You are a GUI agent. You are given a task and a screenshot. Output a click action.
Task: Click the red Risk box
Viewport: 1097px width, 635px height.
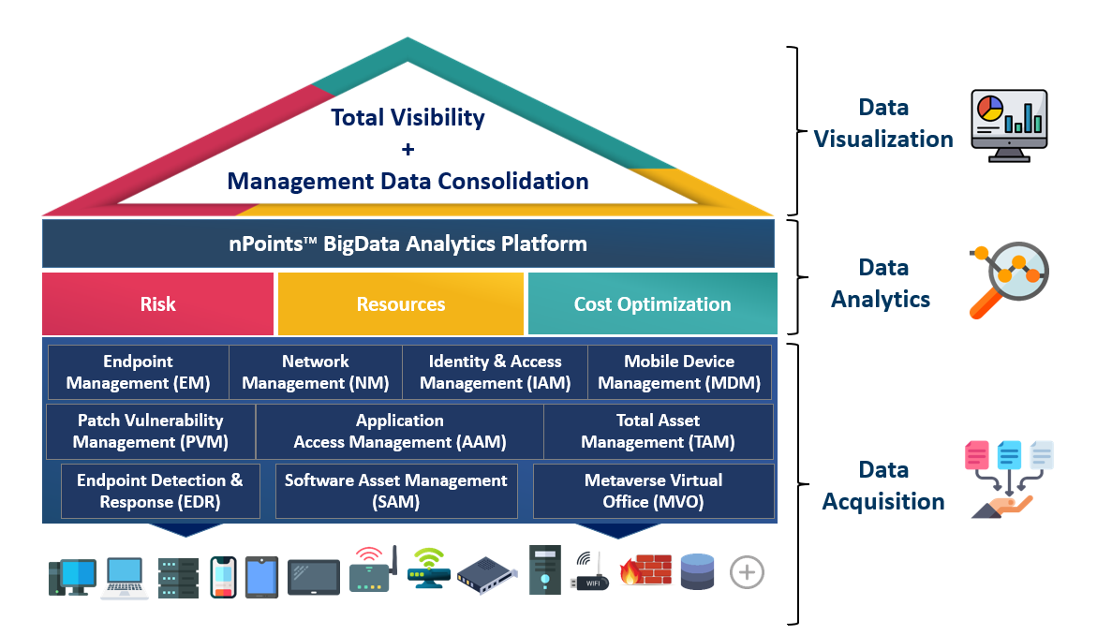pyautogui.click(x=157, y=303)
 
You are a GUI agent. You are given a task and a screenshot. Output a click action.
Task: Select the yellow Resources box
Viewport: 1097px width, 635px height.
pyautogui.click(x=401, y=303)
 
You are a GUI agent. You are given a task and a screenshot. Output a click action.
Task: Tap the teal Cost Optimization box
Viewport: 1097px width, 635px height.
pyautogui.click(x=653, y=303)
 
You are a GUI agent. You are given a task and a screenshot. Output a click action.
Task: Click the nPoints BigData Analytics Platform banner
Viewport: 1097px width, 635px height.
pyautogui.click(x=408, y=244)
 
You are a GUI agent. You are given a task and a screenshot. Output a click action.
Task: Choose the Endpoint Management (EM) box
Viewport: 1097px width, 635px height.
pyautogui.click(x=139, y=372)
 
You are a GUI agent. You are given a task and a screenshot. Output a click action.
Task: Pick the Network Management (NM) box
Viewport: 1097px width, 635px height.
pyautogui.click(x=316, y=372)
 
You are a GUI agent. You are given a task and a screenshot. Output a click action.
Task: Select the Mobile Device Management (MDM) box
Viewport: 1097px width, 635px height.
pyautogui.click(x=679, y=372)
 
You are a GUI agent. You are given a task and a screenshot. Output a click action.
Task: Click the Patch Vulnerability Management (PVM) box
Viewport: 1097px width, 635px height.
pyautogui.click(x=151, y=432)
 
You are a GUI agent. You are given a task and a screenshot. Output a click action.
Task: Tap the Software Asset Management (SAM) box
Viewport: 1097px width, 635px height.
pyautogui.click(x=396, y=491)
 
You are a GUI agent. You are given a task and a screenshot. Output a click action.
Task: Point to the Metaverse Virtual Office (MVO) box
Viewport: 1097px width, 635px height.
pyautogui.click(x=654, y=491)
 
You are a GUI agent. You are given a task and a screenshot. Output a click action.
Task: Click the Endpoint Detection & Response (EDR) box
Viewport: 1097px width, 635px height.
pyautogui.click(x=160, y=491)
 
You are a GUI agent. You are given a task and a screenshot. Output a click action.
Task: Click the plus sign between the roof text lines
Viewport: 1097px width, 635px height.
pyautogui.click(x=408, y=149)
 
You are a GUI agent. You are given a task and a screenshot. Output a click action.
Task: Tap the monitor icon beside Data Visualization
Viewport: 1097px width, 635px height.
pyautogui.click(x=1009, y=126)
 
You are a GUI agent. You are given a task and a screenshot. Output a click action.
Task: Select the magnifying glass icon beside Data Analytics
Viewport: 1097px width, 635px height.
pyautogui.click(x=1009, y=279)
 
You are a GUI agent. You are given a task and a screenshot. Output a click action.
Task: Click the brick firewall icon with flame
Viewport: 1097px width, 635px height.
pyautogui.click(x=645, y=569)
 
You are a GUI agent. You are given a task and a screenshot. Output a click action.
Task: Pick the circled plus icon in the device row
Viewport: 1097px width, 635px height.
pyautogui.click(x=747, y=573)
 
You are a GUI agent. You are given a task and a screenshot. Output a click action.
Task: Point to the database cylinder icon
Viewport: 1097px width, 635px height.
pyautogui.click(x=698, y=570)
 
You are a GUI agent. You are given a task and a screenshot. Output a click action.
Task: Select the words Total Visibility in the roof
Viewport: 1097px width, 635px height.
pyautogui.click(x=408, y=117)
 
